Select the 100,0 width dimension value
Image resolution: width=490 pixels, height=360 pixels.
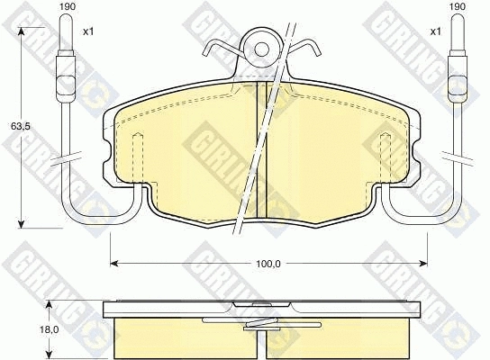tap(268, 264)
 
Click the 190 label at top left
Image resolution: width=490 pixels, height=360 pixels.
tap(68, 6)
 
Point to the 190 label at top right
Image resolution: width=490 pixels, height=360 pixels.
tap(458, 6)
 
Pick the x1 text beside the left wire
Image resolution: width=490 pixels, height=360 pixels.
tap(88, 31)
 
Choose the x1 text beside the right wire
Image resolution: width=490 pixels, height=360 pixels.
tap(435, 31)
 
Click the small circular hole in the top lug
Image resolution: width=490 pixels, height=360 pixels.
tap(261, 49)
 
